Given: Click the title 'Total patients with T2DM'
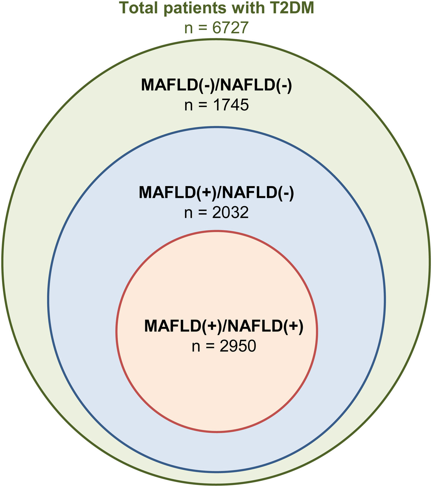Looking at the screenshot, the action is tap(216, 8).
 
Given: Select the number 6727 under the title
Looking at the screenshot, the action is tap(230, 28).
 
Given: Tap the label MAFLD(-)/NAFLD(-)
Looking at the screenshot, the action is tap(216, 85).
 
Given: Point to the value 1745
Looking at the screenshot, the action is tap(231, 105).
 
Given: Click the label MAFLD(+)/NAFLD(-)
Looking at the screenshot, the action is tap(216, 192).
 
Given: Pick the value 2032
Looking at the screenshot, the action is tap(230, 213).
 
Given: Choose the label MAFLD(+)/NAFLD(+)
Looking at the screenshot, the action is tap(224, 326).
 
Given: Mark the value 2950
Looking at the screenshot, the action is tap(238, 346).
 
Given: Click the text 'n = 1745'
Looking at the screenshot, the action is tap(216, 105).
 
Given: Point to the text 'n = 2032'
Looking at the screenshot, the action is tap(216, 213).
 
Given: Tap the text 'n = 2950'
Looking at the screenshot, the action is tap(224, 346).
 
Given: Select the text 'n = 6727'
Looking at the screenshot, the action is tap(216, 28).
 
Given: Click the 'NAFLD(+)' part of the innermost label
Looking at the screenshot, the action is tap(267, 326).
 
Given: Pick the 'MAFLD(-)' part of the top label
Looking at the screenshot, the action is tap(177, 85).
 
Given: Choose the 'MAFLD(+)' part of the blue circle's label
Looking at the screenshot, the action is tap(177, 192).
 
